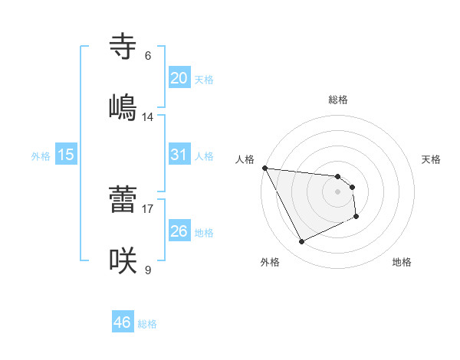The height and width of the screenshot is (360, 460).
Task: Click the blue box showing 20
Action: tap(179, 78)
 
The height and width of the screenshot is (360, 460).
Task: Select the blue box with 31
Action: tap(179, 155)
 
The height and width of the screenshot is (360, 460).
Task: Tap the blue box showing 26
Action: tap(179, 231)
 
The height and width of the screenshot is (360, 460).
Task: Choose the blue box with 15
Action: tap(66, 155)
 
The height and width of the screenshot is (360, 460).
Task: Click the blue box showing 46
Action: tap(123, 322)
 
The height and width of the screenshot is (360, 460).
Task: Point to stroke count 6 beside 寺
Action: tap(148, 56)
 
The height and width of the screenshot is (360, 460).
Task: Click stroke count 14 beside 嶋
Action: tap(148, 117)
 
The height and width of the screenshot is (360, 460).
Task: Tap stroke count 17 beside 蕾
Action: tap(148, 208)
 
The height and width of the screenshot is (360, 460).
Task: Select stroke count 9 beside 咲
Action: tap(148, 270)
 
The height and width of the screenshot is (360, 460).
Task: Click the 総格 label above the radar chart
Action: tap(338, 100)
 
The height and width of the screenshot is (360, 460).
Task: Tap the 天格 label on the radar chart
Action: tap(432, 159)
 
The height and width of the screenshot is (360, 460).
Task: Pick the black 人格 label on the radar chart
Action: tap(245, 159)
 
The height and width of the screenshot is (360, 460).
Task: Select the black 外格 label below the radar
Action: tap(270, 262)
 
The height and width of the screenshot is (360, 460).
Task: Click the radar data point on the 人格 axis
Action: tap(264, 168)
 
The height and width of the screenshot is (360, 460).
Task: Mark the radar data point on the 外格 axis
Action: tap(301, 242)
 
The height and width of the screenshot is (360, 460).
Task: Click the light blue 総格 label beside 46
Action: tap(147, 324)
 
